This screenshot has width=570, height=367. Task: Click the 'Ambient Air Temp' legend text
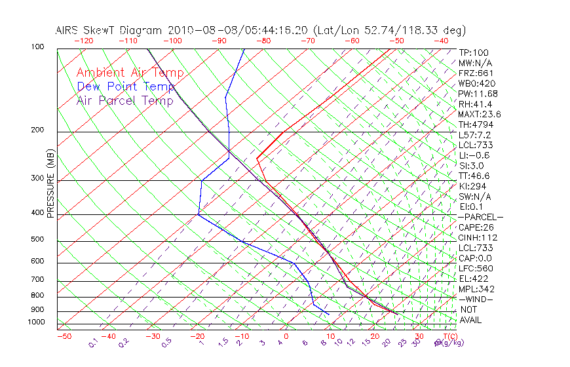[x=130, y=73]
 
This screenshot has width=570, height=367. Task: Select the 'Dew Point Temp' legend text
[x=126, y=87]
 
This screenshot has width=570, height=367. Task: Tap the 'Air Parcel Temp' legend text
[x=125, y=100]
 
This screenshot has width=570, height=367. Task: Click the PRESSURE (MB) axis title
[x=50, y=183]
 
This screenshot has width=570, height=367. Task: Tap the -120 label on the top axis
[x=83, y=41]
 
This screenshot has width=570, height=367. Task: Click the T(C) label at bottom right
[x=449, y=337]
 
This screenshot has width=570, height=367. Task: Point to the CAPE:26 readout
[x=476, y=227]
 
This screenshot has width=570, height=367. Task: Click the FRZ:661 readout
[x=476, y=73]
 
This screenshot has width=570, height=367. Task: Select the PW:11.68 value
[x=478, y=94]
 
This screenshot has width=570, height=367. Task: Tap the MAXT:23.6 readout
[x=480, y=114]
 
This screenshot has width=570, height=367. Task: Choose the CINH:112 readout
[x=478, y=237]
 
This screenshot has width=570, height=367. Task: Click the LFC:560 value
[x=476, y=268]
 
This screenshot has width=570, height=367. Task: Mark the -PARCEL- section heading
[x=480, y=217]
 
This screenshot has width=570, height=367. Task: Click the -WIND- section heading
[x=476, y=299]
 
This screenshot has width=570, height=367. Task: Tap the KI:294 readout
[x=472, y=186]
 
